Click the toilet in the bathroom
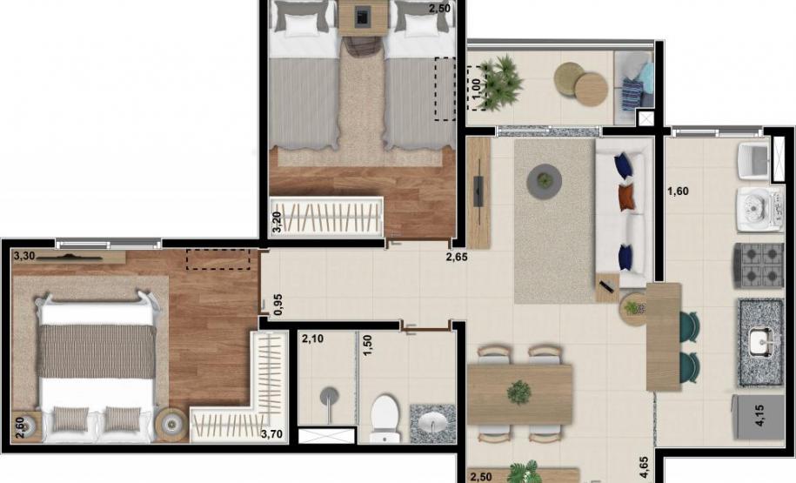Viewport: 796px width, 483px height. (384, 417)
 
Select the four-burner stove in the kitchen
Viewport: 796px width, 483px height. (759, 265)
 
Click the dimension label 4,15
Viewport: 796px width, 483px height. (759, 414)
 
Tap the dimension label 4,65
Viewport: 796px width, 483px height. (644, 466)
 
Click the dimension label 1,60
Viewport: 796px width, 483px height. (679, 191)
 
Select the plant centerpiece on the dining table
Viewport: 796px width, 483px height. (519, 392)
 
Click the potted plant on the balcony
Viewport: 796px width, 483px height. (498, 84)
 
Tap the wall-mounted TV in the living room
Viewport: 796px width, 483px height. (478, 191)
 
